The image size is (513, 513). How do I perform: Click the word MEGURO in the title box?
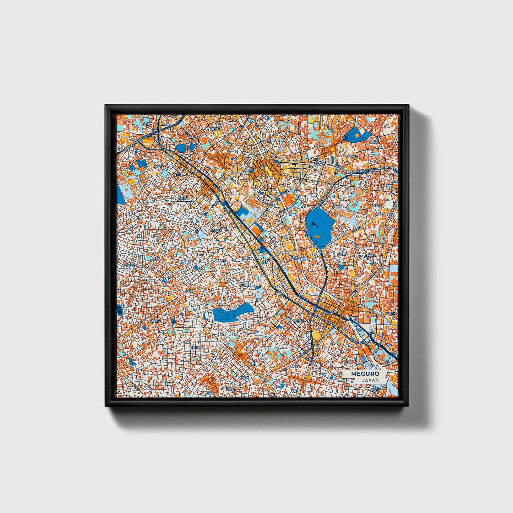click(365, 373)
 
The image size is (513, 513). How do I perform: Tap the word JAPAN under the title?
click(370, 380)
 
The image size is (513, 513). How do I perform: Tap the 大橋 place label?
click(146, 124)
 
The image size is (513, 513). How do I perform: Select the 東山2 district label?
click(158, 166)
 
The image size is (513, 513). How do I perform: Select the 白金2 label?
click(376, 205)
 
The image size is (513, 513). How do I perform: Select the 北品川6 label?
click(392, 314)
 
